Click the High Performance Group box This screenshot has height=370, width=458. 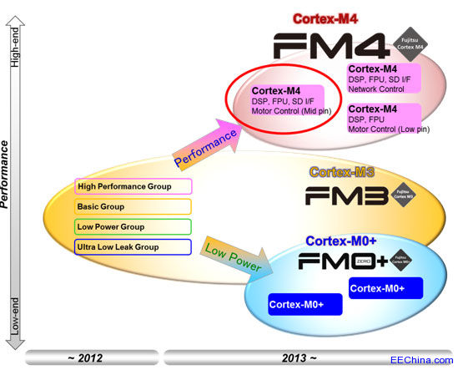133,186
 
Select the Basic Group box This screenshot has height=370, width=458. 133,206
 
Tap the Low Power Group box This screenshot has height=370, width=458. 133,226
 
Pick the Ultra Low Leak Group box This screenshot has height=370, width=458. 133,246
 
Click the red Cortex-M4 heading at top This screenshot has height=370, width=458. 325,18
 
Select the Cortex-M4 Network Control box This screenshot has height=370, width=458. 384,79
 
